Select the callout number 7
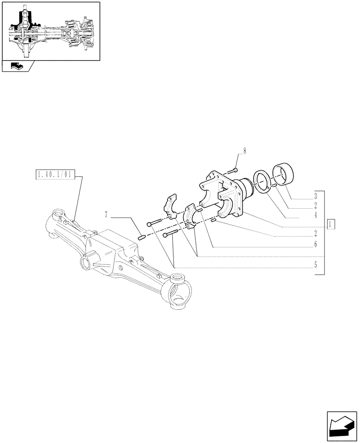coord(106,215)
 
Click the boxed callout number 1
coord(330,223)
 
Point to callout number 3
coord(315,195)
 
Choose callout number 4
coord(315,215)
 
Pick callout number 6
coord(315,244)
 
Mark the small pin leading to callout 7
coord(142,237)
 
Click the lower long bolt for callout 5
coord(171,235)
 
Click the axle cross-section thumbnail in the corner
coord(50,31)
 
